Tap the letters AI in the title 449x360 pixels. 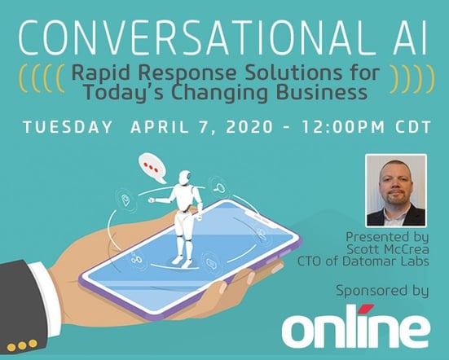(410, 37)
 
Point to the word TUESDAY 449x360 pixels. (68, 127)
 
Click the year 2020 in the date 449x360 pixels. (249, 127)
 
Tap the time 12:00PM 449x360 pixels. (342, 127)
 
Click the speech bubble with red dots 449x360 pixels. (152, 168)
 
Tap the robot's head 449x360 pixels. (185, 178)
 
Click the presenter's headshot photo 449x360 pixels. (396, 191)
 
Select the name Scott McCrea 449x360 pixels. (388, 249)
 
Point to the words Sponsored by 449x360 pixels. (382, 291)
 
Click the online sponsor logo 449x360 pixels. (356, 327)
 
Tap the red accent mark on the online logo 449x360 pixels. (367, 308)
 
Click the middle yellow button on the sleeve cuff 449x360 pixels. (22, 345)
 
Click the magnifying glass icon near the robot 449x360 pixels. (219, 188)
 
